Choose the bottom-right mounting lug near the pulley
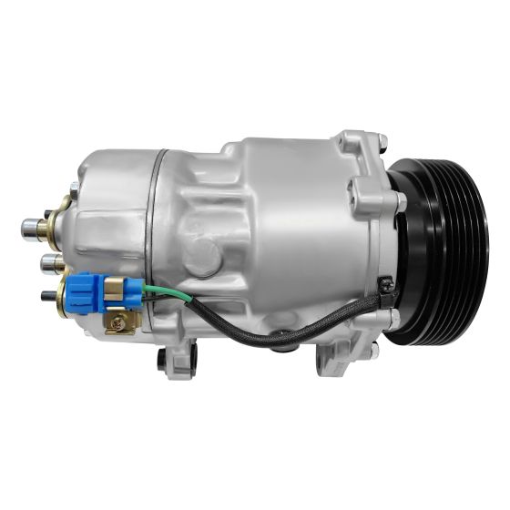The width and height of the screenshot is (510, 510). (364, 351)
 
